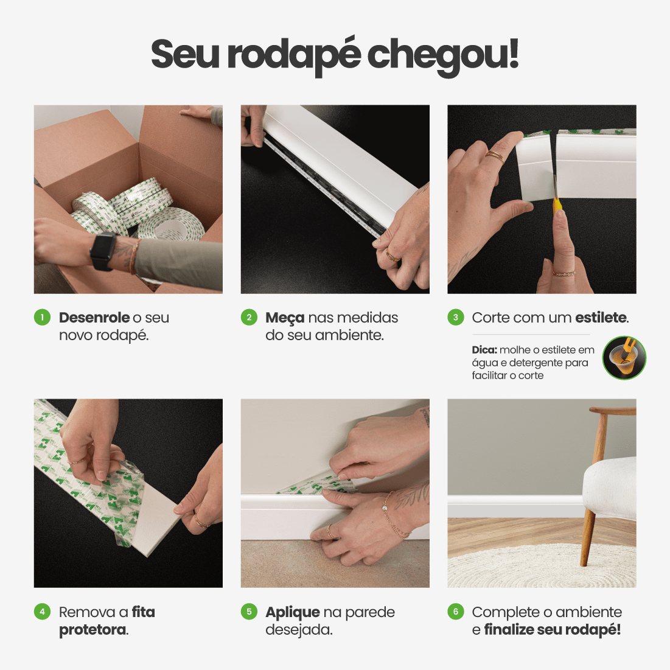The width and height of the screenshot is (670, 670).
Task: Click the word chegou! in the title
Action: (442, 55)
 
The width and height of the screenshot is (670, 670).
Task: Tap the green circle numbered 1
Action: (42, 317)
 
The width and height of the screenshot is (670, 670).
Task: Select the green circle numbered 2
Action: (249, 317)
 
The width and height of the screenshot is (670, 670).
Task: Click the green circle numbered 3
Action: (456, 317)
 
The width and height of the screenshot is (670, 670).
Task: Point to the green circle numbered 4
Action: (42, 612)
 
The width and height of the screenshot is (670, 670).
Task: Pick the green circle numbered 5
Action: (249, 612)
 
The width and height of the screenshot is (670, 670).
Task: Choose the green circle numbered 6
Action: (456, 612)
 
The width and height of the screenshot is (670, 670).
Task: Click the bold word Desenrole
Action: (94, 318)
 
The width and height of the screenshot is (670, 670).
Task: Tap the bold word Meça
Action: (284, 318)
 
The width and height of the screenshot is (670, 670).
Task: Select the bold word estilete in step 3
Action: (600, 318)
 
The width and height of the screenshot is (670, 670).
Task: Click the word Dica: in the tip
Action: (484, 350)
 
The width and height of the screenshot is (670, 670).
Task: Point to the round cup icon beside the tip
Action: (624, 358)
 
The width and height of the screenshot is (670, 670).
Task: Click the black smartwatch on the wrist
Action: (103, 250)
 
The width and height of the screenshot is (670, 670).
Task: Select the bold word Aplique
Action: (292, 613)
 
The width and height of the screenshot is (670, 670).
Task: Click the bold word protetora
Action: (92, 630)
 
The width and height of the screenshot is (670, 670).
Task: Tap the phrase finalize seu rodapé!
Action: (552, 630)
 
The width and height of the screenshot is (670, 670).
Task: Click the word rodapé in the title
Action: (293, 55)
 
